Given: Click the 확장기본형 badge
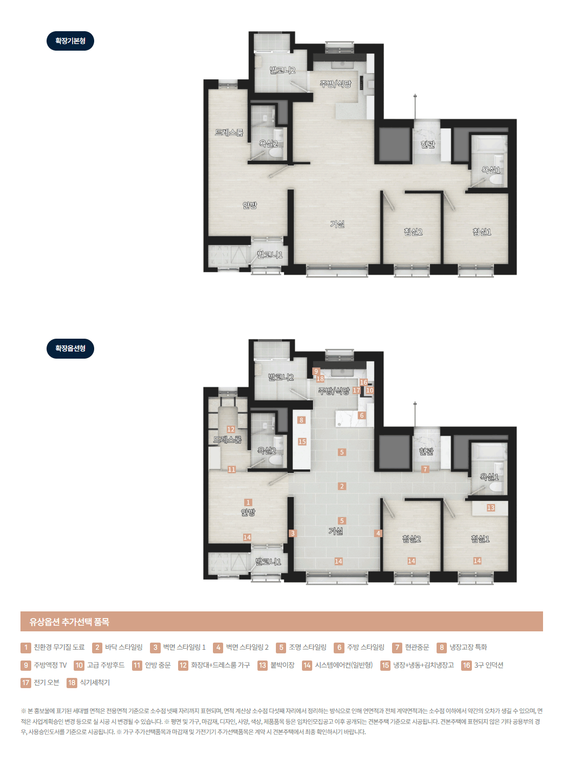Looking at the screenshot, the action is pos(70,41).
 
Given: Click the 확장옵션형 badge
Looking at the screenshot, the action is pos(70,348).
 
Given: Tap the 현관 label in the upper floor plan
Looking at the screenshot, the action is pos(427,144).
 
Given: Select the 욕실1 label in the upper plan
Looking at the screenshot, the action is pos(491,170).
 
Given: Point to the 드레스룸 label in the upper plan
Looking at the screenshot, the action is pos(229,133).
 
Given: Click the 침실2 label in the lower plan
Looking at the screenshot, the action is pos(412,539).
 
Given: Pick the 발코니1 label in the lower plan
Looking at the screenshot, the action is pos(268,562).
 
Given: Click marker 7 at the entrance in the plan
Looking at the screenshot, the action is pos(425,469).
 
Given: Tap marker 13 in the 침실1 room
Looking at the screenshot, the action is pos(490,508).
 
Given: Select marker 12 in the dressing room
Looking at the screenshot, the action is pos(231,429).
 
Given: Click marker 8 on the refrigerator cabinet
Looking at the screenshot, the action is pos(301,420).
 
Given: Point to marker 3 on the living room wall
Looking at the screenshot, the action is pos(293,533).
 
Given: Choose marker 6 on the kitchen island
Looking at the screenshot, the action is pos(361,415).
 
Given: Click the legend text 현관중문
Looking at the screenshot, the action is pos(417,647).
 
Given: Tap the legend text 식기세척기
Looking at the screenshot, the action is pos(95,683).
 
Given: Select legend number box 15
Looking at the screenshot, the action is pos(385,665).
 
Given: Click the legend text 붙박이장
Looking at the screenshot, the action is pos(283,665).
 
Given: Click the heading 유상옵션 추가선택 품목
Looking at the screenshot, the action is pos(69,622).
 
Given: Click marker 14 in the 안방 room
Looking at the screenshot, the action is pos(247,537).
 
